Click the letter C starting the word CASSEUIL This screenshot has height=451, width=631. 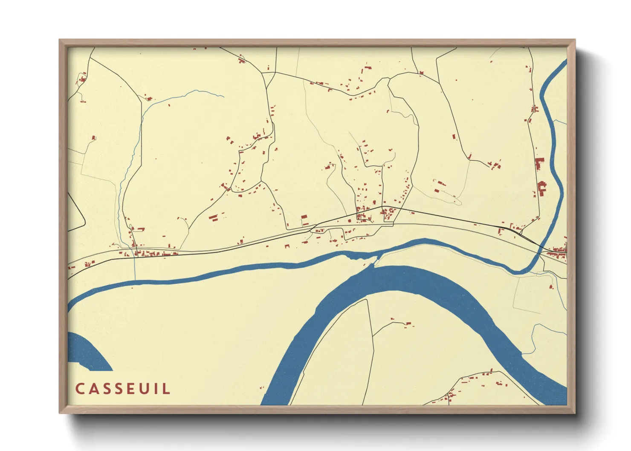[x=80, y=389]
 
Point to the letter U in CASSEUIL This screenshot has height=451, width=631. [x=140, y=389]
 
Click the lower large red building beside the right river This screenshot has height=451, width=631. [x=542, y=188]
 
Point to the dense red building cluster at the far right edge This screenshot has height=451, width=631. [x=559, y=251]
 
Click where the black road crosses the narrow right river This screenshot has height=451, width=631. [x=539, y=249]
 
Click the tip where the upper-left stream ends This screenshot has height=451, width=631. [x=223, y=97]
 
